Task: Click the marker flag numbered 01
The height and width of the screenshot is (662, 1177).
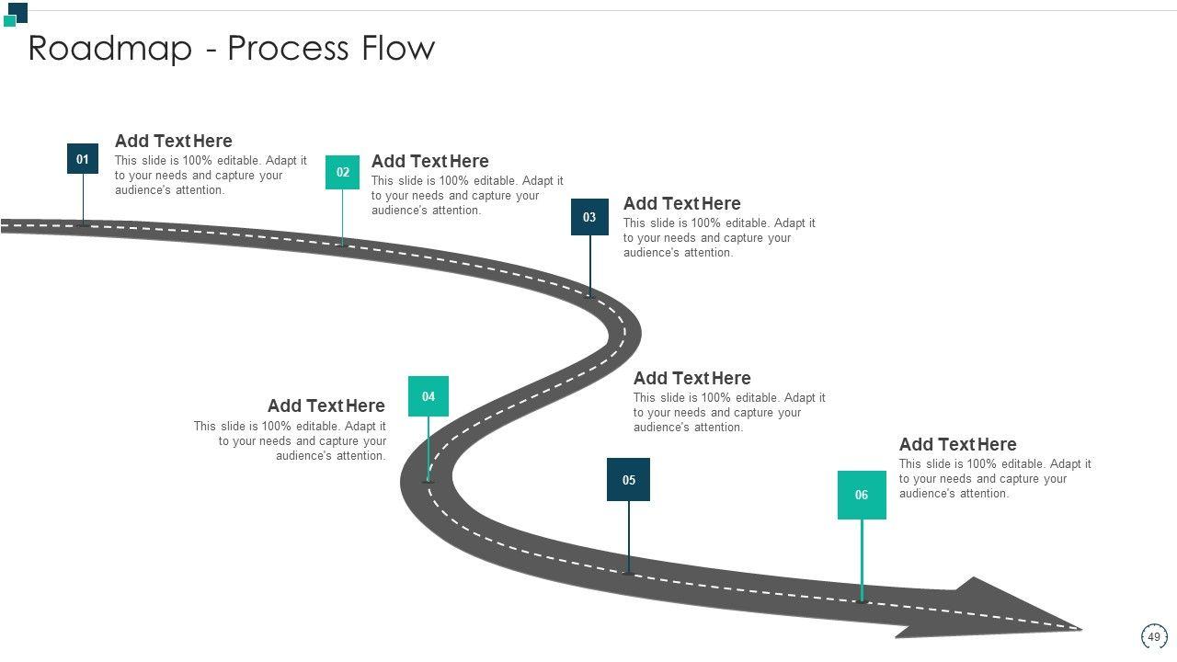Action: tap(83, 159)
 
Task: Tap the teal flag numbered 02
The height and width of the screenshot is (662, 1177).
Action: tap(342, 172)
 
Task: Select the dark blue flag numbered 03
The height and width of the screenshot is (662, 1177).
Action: tap(589, 217)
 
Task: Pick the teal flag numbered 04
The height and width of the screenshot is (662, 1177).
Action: tap(429, 396)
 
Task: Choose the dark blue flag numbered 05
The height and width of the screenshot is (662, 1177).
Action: tap(628, 479)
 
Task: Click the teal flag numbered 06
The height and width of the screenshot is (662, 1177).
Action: tap(862, 495)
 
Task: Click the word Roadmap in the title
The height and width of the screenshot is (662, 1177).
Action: tap(109, 48)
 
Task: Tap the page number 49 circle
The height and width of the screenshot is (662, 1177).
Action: tap(1154, 636)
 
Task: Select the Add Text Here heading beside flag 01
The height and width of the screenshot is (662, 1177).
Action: tap(173, 141)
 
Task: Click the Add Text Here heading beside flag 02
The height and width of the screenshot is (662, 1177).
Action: tap(429, 161)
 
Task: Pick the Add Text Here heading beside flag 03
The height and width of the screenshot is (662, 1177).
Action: tap(681, 203)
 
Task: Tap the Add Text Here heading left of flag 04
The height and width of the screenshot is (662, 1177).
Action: tap(326, 405)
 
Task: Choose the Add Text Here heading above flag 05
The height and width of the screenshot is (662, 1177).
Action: tap(691, 378)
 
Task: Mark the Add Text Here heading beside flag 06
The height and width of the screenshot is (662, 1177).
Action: tap(957, 444)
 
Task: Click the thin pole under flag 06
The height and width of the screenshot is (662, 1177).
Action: tap(862, 559)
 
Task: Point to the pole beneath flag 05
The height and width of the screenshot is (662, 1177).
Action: tap(629, 536)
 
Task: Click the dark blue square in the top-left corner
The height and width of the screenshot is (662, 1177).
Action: tap(17, 11)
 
